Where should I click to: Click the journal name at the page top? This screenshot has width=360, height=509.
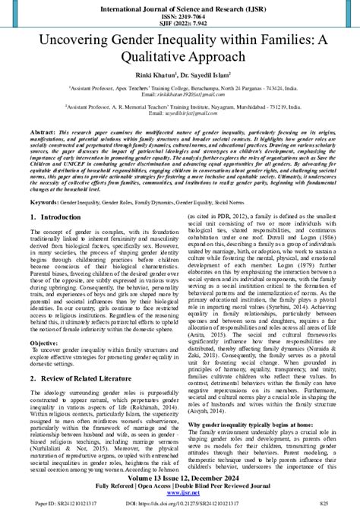pos(180,8)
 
